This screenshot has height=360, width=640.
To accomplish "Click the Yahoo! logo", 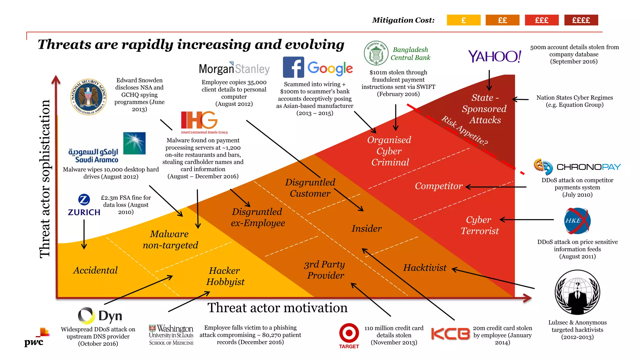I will [494, 57].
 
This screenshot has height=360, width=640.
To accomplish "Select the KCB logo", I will [450, 334].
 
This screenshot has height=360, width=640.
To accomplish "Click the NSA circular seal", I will [89, 97].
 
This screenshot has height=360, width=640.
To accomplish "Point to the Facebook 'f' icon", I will [293, 67].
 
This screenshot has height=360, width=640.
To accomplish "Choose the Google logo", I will [330, 68].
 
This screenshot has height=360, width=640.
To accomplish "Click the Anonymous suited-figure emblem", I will [577, 292].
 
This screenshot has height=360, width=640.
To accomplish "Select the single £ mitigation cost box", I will [463, 20].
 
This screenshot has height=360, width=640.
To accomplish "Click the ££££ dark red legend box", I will [581, 20].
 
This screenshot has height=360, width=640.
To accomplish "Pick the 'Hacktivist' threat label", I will [425, 268].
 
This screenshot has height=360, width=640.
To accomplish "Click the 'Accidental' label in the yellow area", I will [95, 270].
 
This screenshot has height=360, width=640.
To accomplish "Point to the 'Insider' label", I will [367, 229].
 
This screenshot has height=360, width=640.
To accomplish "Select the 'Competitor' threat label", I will [438, 186].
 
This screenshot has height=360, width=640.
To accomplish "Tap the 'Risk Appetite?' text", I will [464, 131].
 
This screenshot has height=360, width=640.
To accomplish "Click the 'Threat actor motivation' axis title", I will [277, 308].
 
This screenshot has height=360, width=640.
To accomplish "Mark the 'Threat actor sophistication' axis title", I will [45, 179].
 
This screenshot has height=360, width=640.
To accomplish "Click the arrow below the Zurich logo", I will [84, 234].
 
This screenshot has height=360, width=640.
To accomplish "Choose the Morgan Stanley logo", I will [234, 68].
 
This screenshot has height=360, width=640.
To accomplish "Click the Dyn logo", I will [100, 316].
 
